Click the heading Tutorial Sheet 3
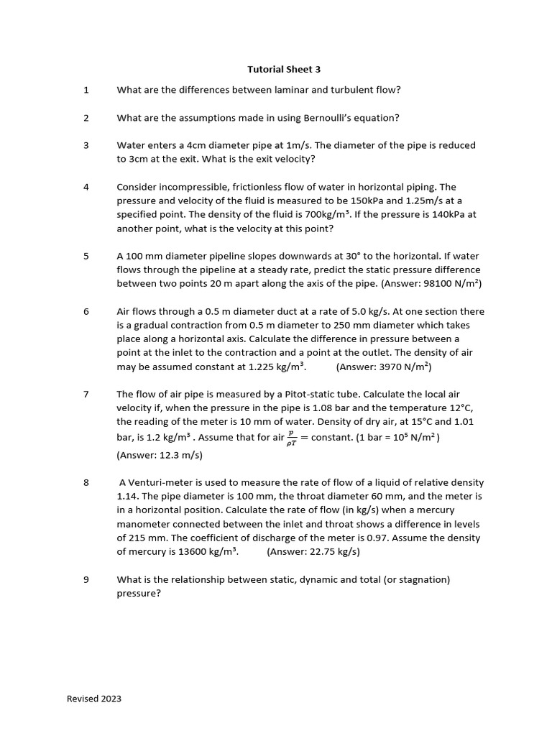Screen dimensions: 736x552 click(x=284, y=70)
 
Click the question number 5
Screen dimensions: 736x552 click(x=86, y=256)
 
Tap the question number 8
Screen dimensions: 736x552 click(x=86, y=482)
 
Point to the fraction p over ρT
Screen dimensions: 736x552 click(x=291, y=438)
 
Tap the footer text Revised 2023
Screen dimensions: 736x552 click(x=94, y=699)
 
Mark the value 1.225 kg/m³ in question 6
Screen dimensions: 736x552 click(x=276, y=367)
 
